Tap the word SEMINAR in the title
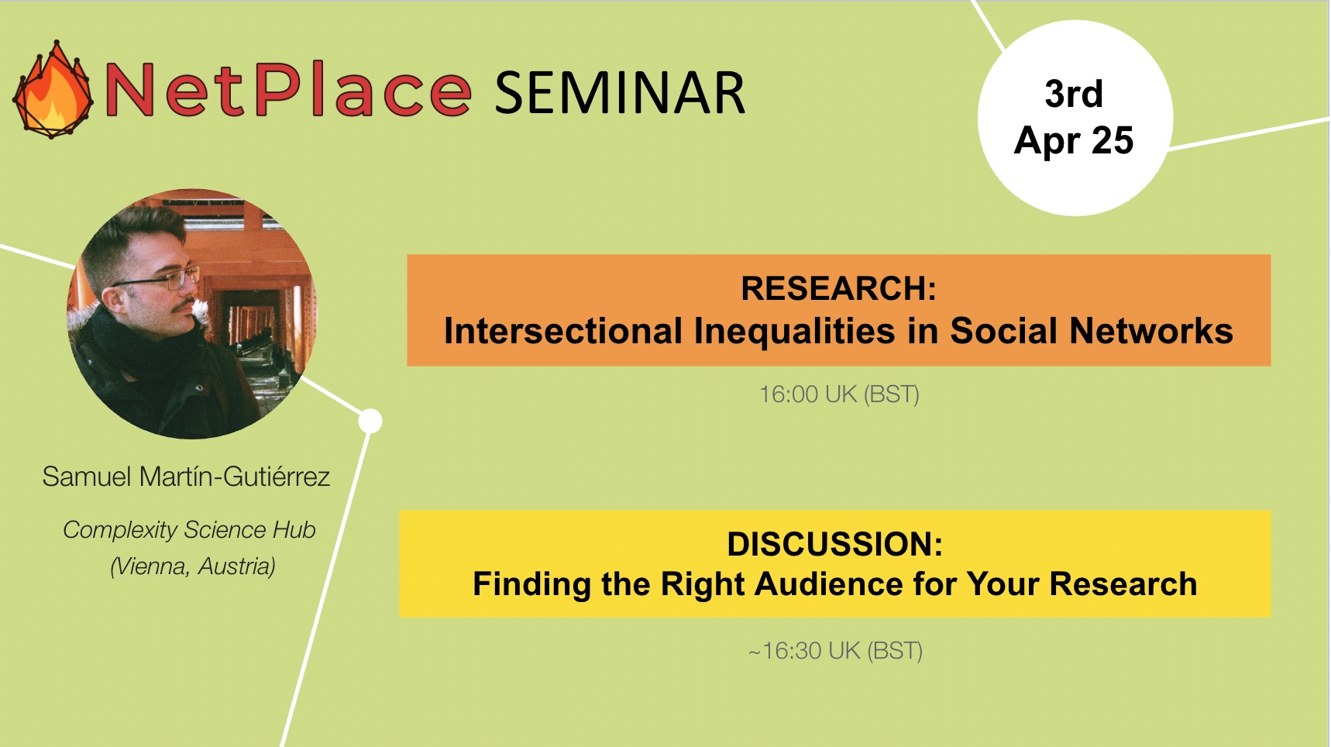click(620, 93)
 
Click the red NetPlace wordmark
click(287, 90)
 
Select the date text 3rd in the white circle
click(1074, 94)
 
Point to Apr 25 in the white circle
click(1074, 141)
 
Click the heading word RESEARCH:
click(838, 288)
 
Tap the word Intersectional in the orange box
click(563, 331)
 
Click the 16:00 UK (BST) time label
click(839, 394)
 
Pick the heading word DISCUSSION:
click(835, 544)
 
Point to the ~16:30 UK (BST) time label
click(835, 651)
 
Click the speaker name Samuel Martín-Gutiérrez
click(186, 477)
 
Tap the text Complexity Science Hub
click(189, 530)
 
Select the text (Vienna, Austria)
click(193, 566)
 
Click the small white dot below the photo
click(370, 421)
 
